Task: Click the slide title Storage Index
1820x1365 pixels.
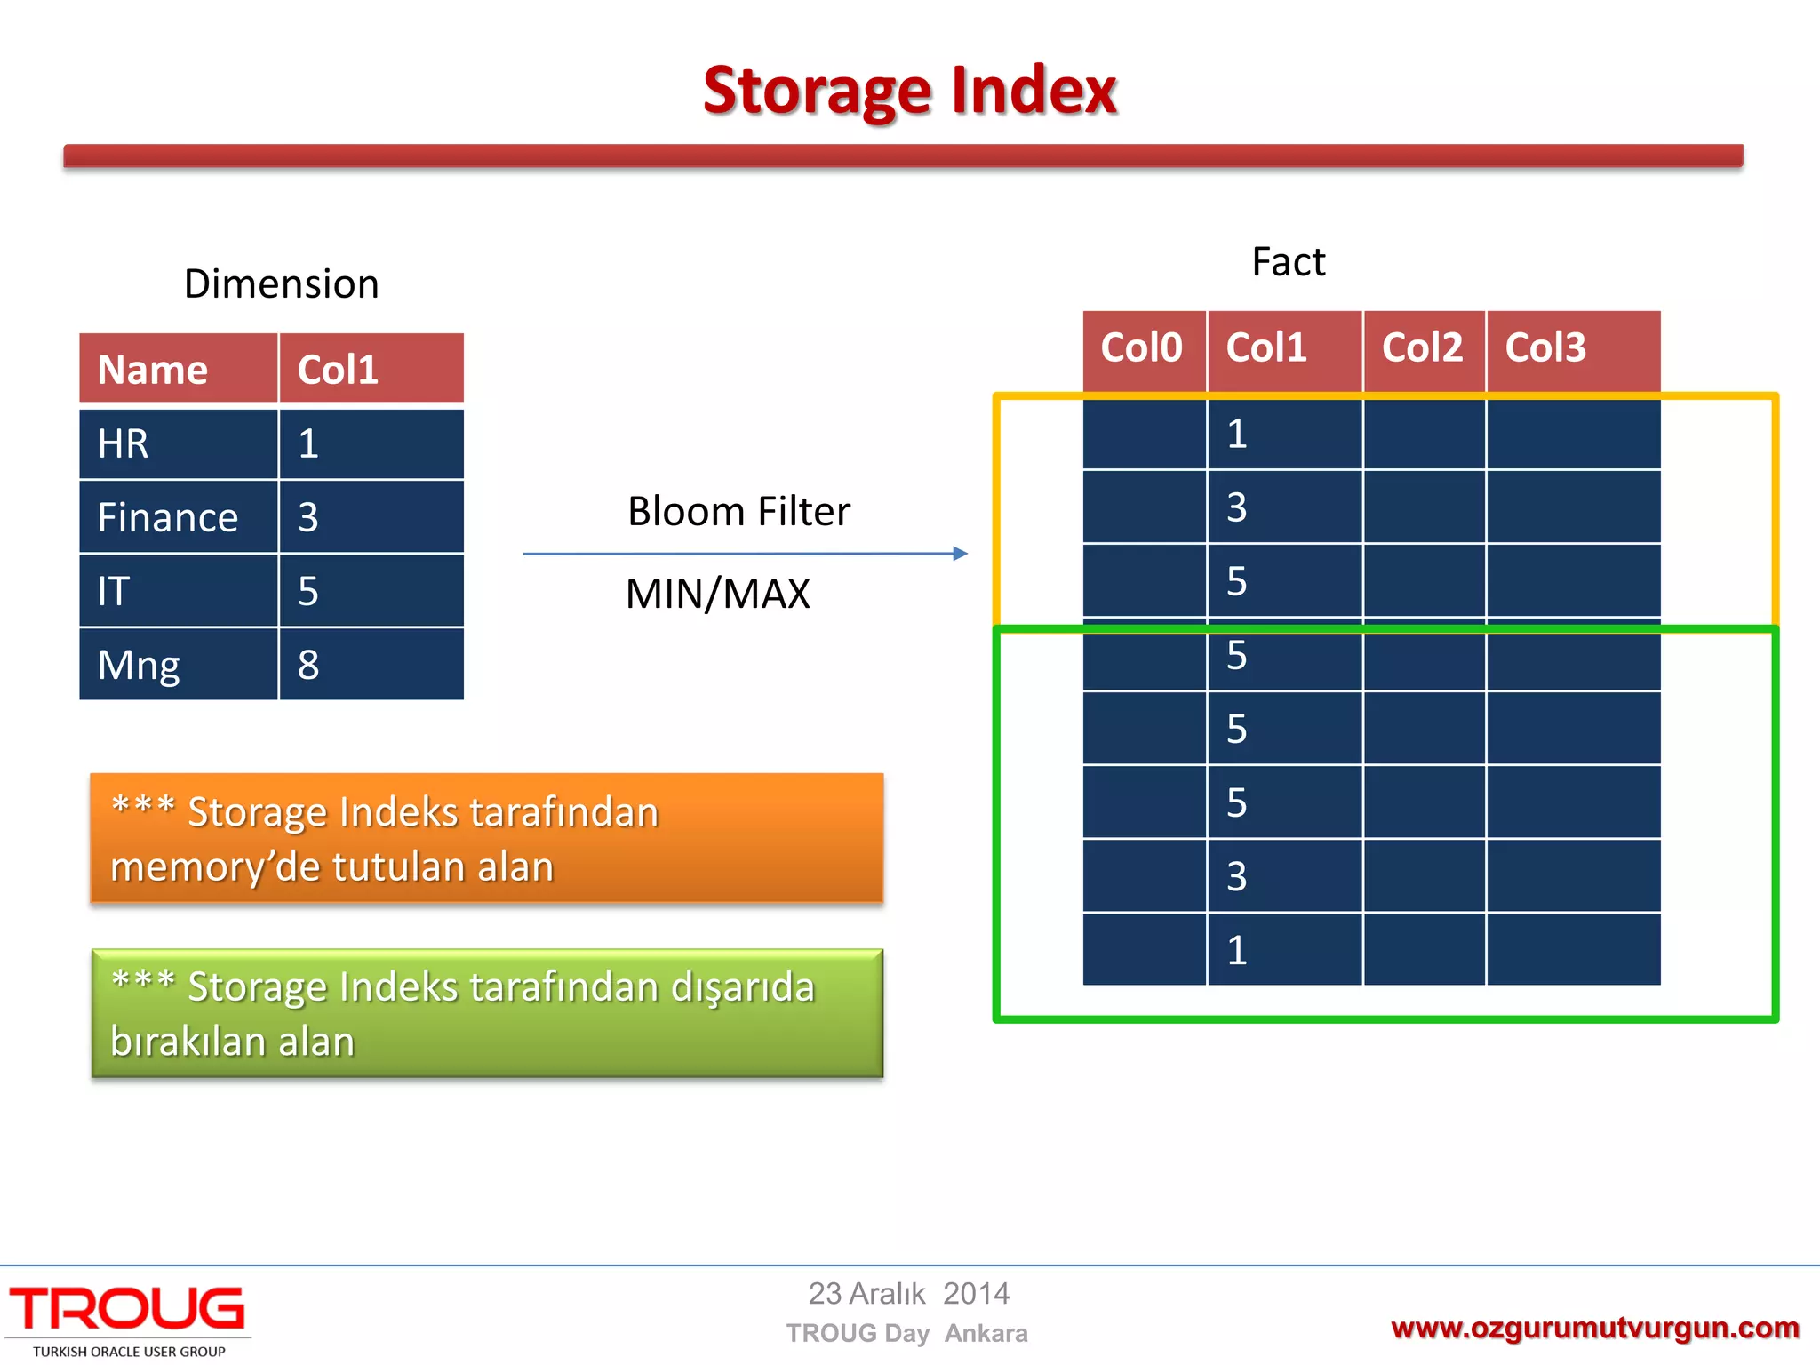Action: coord(909,91)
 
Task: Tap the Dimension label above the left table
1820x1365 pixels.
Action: coord(281,284)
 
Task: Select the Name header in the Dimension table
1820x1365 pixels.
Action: coord(153,370)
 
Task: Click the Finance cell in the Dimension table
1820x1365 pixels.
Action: coord(168,517)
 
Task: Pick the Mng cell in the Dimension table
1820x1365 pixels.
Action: coord(139,665)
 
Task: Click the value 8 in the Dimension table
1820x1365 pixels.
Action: coord(308,665)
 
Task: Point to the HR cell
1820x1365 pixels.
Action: coord(124,443)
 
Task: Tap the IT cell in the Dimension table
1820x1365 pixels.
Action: coord(115,591)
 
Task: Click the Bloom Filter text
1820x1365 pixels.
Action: coord(738,512)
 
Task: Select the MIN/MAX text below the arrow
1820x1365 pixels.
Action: coord(717,594)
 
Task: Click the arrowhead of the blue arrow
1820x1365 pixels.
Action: coord(960,554)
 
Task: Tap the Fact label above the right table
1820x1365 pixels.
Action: coord(1288,262)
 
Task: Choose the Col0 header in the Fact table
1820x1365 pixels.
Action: coord(1141,347)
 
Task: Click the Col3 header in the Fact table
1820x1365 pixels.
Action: coord(1545,347)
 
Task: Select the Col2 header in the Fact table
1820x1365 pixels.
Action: coord(1422,347)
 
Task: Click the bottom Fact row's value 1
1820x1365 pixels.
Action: coord(1237,950)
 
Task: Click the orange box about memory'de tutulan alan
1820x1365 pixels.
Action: coord(486,838)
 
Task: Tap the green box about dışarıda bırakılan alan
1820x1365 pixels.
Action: coord(486,1013)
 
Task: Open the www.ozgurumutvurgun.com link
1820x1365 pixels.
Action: coord(1594,1328)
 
